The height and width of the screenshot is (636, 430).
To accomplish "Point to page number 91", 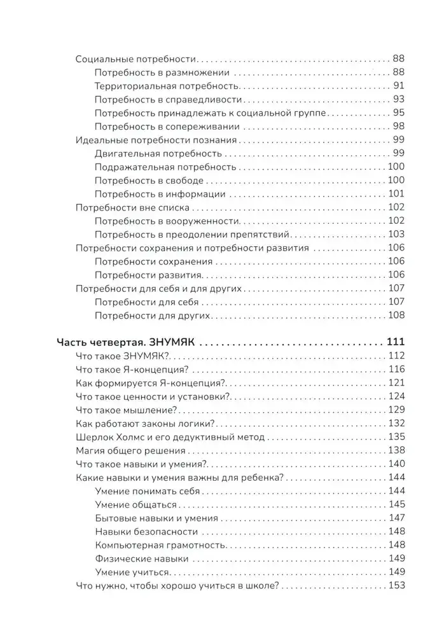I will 399,86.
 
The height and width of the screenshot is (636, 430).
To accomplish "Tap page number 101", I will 396,194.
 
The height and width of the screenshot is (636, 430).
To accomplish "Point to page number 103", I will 396,234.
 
